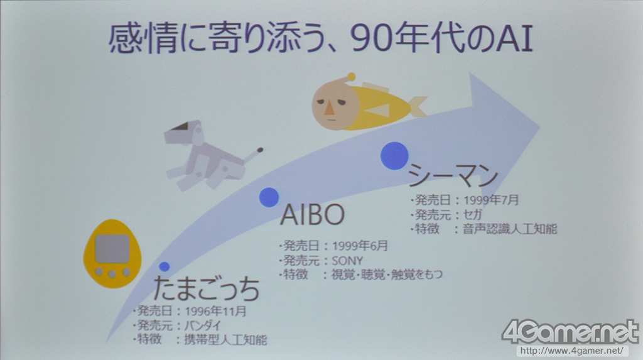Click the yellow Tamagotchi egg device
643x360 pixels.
112,253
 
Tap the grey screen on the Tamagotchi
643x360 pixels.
112,249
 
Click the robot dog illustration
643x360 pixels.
208,155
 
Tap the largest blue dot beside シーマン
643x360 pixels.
394,156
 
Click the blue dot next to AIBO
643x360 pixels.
269,197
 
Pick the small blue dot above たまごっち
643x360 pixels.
164,267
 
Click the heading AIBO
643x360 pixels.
313,214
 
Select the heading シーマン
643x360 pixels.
453,176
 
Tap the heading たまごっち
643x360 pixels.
207,288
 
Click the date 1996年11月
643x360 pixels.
216,311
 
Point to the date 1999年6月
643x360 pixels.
360,246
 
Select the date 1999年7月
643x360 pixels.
491,200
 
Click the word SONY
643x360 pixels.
347,261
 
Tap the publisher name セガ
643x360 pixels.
472,214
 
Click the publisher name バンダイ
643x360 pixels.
203,325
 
